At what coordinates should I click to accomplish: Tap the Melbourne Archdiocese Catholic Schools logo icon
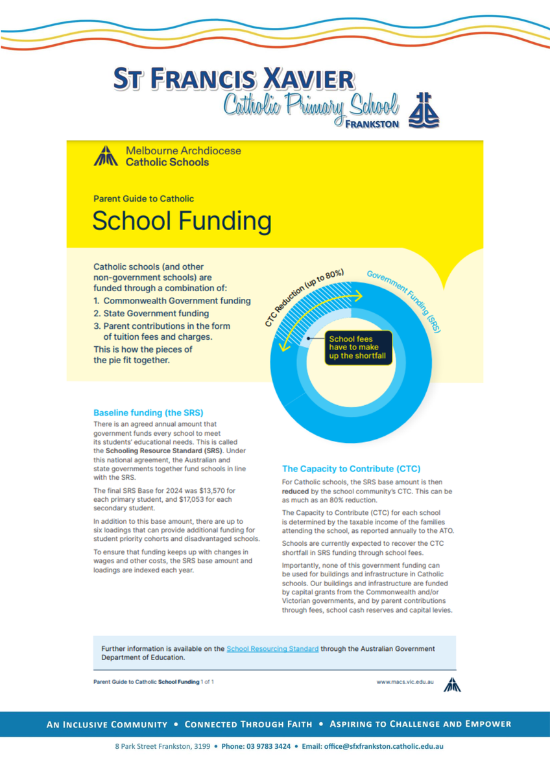[x=105, y=156]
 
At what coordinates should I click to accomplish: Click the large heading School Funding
[x=182, y=220]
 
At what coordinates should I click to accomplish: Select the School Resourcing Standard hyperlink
[x=272, y=648]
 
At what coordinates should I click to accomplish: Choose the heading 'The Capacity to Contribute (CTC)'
[x=351, y=468]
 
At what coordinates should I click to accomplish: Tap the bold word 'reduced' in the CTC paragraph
[x=297, y=491]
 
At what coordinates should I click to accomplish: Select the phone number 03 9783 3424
[x=269, y=746]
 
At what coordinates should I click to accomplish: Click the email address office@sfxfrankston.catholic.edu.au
[x=382, y=746]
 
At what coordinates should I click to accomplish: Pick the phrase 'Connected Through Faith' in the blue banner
[x=248, y=724]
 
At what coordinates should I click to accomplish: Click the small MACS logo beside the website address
[x=452, y=684]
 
